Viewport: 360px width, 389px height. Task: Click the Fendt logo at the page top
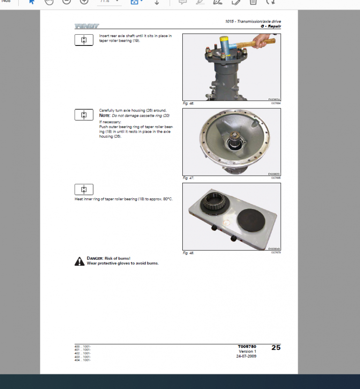pyautogui.click(x=86, y=26)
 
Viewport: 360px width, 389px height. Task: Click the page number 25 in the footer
pyautogui.click(x=276, y=348)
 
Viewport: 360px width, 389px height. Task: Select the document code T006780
pyautogui.click(x=247, y=346)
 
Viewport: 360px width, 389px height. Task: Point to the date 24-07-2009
pyautogui.click(x=246, y=356)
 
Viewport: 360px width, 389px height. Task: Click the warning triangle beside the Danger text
pyautogui.click(x=79, y=262)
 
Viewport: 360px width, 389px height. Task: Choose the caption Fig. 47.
pyautogui.click(x=188, y=178)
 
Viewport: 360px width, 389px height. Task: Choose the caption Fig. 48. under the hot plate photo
pyautogui.click(x=188, y=253)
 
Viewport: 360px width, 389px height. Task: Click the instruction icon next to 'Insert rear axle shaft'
pyautogui.click(x=84, y=40)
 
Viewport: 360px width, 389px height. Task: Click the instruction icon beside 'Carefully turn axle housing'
pyautogui.click(x=84, y=115)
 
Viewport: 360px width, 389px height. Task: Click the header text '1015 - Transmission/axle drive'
pyautogui.click(x=253, y=22)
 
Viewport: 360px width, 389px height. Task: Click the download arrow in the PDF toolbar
pyautogui.click(x=157, y=2)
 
